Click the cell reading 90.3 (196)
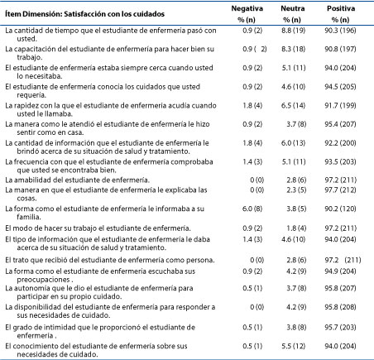[340, 31]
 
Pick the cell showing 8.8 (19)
[294, 31]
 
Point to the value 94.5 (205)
[340, 87]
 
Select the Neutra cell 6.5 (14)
[294, 106]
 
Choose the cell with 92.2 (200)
[340, 143]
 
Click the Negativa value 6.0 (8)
[252, 209]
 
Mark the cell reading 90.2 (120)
[340, 209]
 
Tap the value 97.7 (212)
[340, 190]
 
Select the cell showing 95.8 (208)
[340, 307]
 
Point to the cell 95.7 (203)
[340, 328]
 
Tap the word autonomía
[31, 288]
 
